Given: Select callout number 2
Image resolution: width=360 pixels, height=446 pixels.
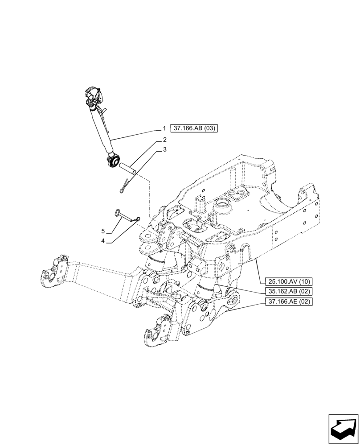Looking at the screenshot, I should (x=164, y=140).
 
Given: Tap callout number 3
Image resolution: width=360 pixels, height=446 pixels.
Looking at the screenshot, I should (x=164, y=150).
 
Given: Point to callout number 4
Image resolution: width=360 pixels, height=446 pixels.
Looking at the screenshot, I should (x=103, y=241).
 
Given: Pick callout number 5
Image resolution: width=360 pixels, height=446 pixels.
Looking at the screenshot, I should (x=103, y=231).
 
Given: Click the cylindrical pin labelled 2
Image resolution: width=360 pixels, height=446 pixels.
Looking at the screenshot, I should (x=127, y=169).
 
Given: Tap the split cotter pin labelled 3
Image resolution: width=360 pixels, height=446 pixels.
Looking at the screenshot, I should (x=125, y=186).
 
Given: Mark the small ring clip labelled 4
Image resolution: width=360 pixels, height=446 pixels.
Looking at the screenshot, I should (x=139, y=219).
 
